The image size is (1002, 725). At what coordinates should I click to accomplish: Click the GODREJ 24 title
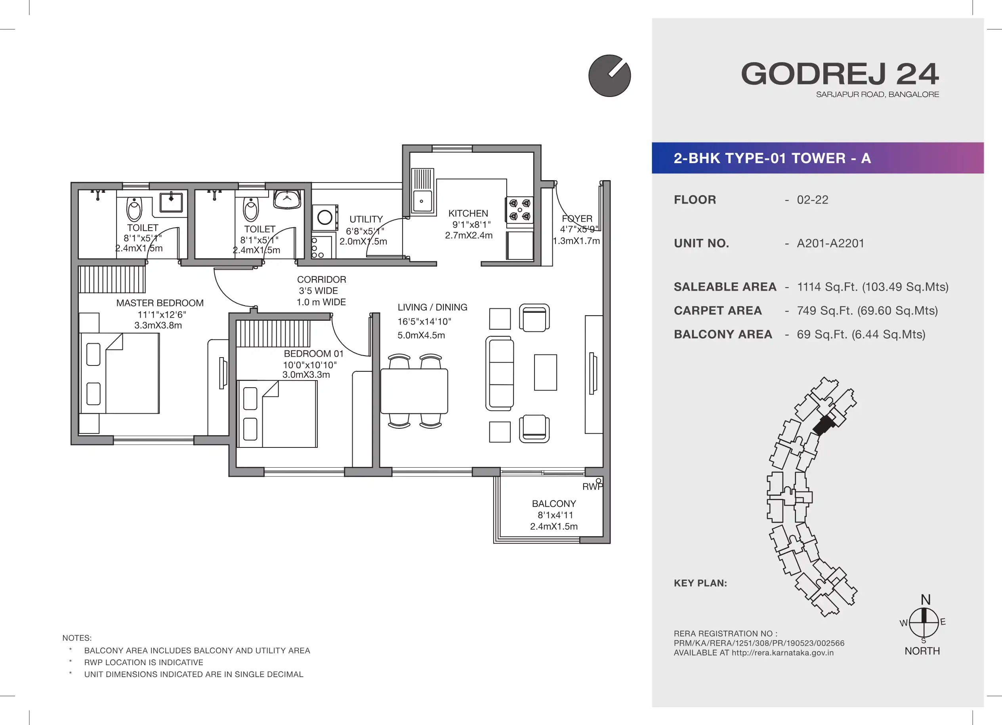click(840, 74)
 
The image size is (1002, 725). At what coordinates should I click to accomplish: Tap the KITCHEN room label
click(468, 213)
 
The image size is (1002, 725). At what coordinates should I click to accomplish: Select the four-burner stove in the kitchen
click(519, 210)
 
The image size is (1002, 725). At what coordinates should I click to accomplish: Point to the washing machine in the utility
click(325, 218)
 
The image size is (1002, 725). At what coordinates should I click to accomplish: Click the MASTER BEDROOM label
click(160, 303)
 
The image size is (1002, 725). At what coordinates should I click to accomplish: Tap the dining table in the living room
click(414, 391)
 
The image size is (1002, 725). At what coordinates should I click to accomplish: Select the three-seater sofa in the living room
click(500, 373)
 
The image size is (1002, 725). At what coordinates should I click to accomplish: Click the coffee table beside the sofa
click(545, 372)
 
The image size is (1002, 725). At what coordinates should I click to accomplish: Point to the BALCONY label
click(554, 504)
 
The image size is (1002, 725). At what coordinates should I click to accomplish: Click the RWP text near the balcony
click(592, 487)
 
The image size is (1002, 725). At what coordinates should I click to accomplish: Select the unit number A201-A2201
click(830, 243)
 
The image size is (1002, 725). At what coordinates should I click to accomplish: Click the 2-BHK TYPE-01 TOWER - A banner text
click(772, 158)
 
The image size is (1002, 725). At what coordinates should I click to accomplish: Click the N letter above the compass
click(926, 599)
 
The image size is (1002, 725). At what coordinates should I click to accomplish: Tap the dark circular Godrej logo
click(610, 76)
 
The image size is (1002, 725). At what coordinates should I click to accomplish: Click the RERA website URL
click(783, 653)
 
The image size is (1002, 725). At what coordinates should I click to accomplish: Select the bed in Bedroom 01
click(277, 414)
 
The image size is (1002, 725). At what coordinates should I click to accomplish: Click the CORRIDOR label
click(322, 280)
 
